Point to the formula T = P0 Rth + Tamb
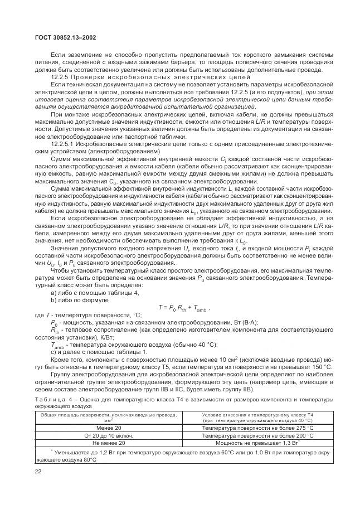[184, 307]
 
